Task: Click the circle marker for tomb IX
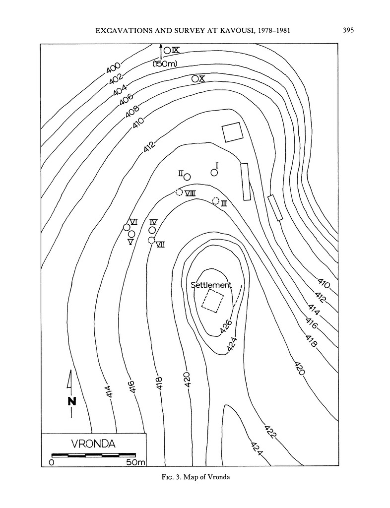167,50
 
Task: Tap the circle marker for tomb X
195,78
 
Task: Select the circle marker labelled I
214,173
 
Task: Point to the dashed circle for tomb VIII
179,192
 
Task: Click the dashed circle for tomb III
216,201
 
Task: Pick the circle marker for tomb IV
152,230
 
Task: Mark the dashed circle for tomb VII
151,241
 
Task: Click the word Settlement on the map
211,285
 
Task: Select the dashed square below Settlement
213,301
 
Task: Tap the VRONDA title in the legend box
93,444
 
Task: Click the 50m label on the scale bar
135,462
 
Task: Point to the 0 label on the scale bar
52,462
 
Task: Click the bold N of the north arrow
72,401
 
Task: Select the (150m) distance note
164,63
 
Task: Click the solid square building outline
232,132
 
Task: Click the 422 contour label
271,432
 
